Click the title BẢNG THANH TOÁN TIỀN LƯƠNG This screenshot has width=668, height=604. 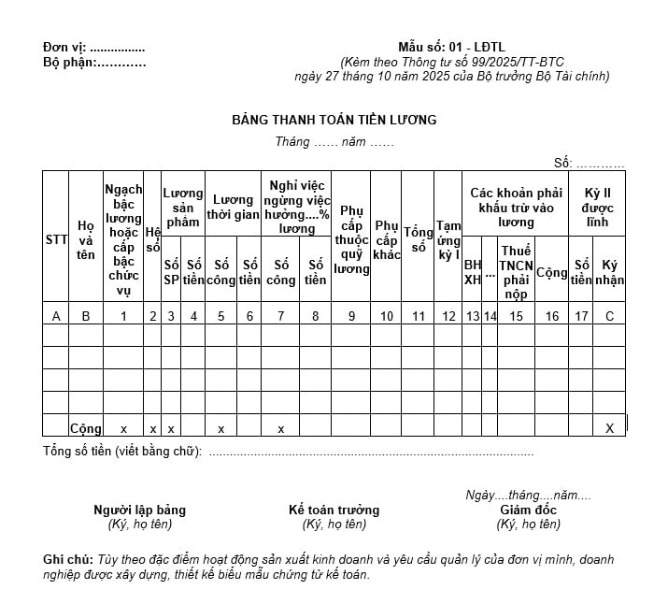334,120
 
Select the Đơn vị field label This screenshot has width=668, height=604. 64,48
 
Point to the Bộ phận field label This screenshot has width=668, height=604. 68,63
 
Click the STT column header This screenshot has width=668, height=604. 56,239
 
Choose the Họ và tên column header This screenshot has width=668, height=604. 86,239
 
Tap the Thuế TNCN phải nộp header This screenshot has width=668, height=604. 516,272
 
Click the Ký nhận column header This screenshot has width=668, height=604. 610,272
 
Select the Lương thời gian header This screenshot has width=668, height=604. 233,208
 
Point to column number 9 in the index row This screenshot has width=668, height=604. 351,316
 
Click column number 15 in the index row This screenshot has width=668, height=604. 516,316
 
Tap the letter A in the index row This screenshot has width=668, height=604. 56,316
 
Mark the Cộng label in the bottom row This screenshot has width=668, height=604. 86,428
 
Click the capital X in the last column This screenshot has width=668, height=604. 610,428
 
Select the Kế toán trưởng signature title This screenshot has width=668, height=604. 334,510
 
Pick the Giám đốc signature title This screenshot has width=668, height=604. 528,510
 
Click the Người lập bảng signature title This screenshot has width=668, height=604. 139,510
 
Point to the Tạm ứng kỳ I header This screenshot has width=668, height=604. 448,239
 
